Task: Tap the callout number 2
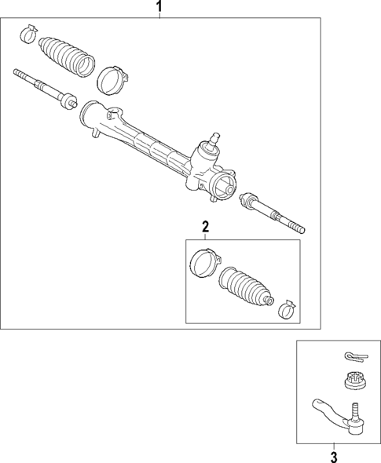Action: (x=206, y=228)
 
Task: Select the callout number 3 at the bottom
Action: (x=333, y=456)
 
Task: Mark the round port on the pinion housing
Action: (x=225, y=188)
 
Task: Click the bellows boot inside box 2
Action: (x=246, y=287)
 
